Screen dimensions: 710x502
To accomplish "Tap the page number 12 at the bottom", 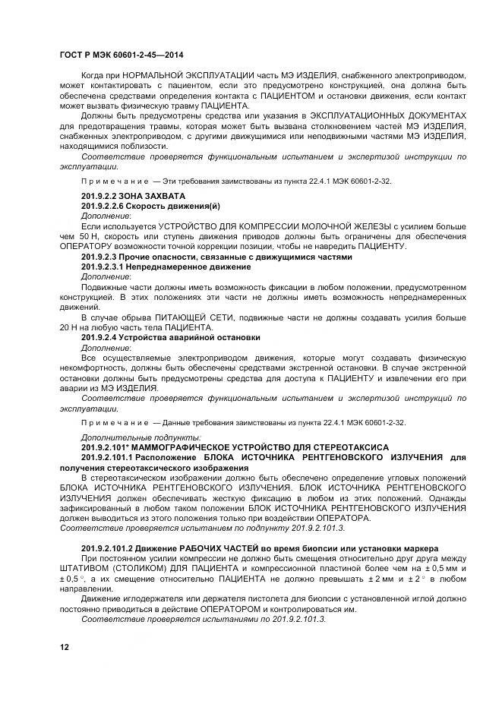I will pos(64,646).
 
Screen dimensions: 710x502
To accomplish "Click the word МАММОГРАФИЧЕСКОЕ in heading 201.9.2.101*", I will pos(174,447).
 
